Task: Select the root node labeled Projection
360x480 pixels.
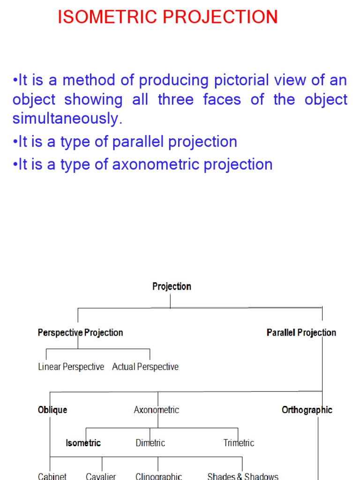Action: pos(172,286)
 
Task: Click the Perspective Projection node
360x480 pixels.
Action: pos(80,333)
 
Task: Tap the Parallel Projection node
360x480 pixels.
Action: pos(301,333)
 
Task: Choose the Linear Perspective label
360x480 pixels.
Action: pos(71,367)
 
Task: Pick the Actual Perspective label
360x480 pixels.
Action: pos(145,367)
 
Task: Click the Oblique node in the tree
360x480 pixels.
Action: pos(52,410)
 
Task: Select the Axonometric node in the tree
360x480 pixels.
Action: pos(157,410)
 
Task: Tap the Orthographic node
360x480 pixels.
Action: pos(307,410)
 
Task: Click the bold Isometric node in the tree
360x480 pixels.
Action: pos(83,443)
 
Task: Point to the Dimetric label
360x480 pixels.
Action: pos(150,443)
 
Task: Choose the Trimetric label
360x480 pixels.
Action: pos(239,443)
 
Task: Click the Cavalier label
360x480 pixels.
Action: pos(101,476)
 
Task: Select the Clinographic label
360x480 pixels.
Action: pos(158,476)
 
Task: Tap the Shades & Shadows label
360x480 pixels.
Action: pos(243,476)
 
